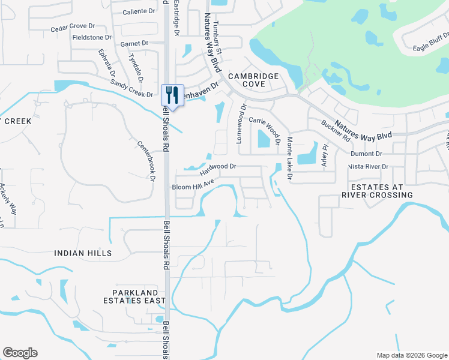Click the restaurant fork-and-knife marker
click(172, 95)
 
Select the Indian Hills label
click(83, 254)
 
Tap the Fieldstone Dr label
click(92, 37)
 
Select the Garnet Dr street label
click(134, 43)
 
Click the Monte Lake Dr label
click(289, 158)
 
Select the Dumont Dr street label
click(370, 154)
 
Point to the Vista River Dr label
click(369, 166)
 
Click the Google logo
click(20, 353)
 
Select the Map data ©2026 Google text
click(411, 355)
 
